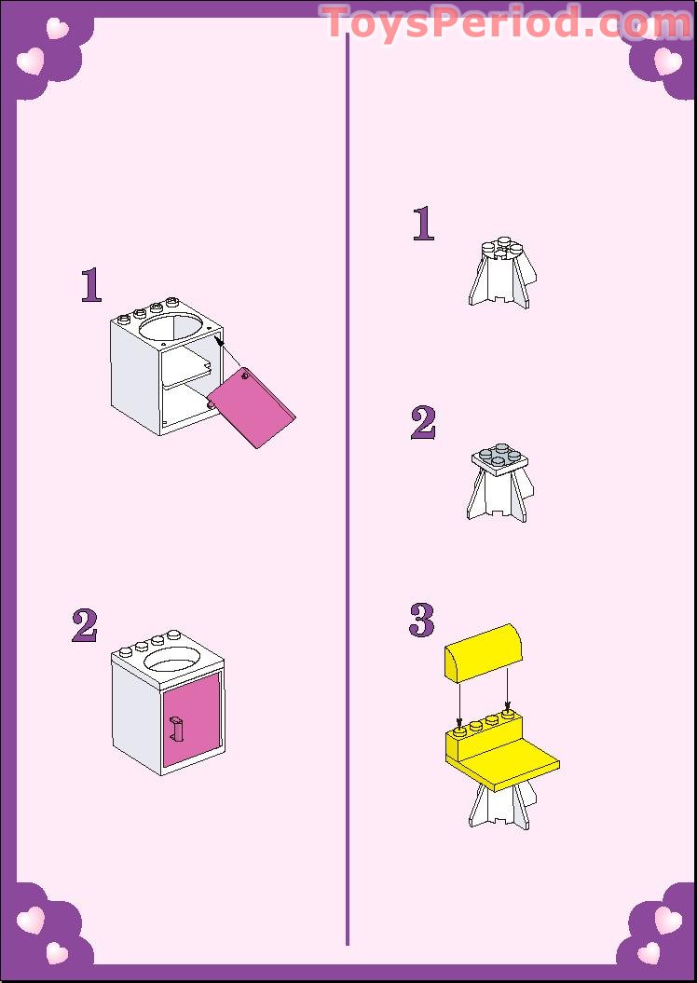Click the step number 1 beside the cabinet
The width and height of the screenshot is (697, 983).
pos(91,285)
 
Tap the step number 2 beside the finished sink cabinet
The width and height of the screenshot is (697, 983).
pos(85,625)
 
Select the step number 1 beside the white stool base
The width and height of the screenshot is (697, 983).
pos(423,224)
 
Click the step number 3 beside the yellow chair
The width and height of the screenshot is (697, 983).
pos(422,620)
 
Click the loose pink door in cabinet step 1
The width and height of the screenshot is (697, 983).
pos(252,407)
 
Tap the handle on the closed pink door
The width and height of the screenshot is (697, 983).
pos(176,730)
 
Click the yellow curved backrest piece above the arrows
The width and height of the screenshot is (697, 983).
pos(483,653)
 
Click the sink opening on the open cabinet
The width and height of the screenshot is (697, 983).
pos(171,328)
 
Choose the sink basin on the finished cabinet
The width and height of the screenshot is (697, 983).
pos(172,660)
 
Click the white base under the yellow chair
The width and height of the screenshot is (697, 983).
pos(501,808)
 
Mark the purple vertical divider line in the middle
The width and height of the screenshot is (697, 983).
pos(348,489)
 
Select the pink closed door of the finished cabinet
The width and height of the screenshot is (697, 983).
pos(192,719)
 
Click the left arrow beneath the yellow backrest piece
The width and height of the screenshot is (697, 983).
pos(460,702)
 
